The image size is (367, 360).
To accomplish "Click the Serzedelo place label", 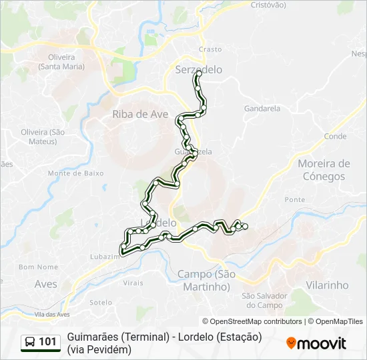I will (198, 69).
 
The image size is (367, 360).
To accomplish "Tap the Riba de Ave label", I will (140, 114).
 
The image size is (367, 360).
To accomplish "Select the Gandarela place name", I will (262, 108).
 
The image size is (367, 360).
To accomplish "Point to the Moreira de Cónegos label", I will (324, 170).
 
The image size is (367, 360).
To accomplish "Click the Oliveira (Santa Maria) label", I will (61, 61).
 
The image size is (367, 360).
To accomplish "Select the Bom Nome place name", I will (39, 267).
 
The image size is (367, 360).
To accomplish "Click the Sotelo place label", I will (101, 302).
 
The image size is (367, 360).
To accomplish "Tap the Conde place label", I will (335, 136).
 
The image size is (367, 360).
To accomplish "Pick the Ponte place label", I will (294, 199).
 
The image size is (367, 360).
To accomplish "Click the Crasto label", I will (210, 49).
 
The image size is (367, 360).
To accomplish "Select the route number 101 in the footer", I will (47, 342).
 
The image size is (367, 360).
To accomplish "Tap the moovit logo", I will (316, 343).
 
